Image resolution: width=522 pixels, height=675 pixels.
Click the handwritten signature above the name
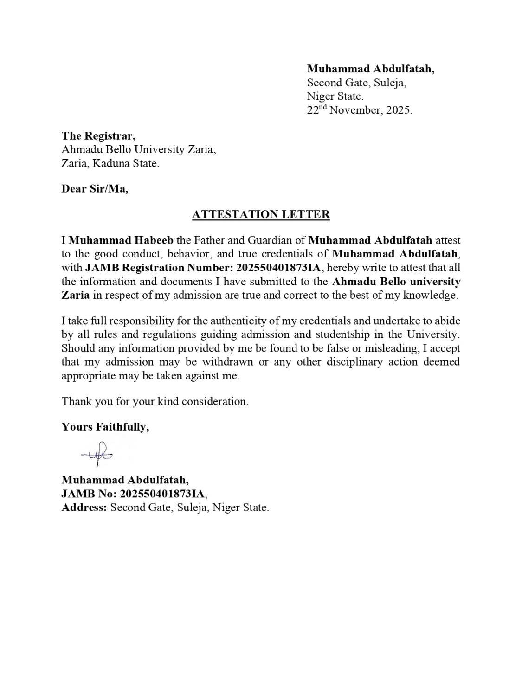click(97, 454)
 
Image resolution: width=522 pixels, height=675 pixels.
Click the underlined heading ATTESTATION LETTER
click(261, 214)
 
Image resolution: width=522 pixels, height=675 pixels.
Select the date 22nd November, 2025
click(359, 110)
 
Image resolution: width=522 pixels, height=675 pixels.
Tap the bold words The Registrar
click(98, 136)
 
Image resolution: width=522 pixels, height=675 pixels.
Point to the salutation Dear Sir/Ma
click(95, 188)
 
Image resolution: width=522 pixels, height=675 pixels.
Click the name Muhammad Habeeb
click(121, 240)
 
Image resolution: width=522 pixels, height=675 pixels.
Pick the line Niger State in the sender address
click(335, 96)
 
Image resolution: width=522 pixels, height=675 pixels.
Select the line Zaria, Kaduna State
click(110, 163)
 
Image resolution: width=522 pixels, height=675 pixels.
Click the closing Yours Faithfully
click(105, 427)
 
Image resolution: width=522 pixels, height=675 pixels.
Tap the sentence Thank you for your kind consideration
click(155, 401)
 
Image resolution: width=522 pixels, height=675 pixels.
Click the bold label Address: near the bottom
click(84, 508)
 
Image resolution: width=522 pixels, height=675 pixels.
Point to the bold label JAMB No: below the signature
click(89, 494)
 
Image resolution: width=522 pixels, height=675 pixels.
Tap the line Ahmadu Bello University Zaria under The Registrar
click(138, 149)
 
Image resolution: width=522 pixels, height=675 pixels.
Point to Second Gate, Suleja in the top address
click(356, 83)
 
